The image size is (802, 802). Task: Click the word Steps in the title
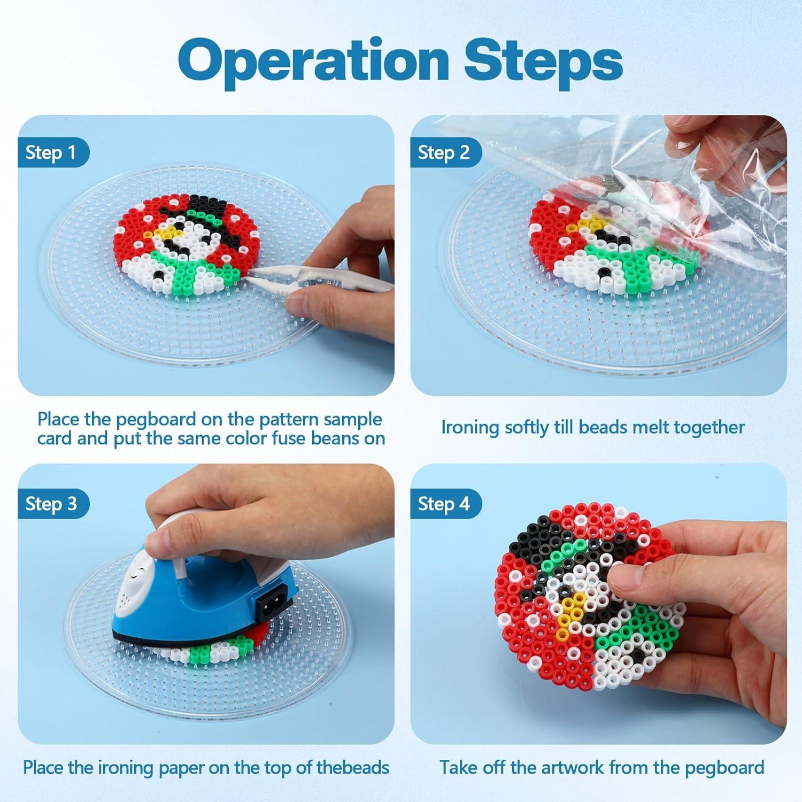pyautogui.click(x=543, y=60)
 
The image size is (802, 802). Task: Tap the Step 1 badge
pyautogui.click(x=51, y=153)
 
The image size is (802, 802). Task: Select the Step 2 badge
pyautogui.click(x=444, y=153)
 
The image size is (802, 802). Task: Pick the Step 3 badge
pyautogui.click(x=51, y=504)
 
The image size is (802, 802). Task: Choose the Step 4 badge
pyautogui.click(x=444, y=504)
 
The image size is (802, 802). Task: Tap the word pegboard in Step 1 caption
pyautogui.click(x=156, y=420)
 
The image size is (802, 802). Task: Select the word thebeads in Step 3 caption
pyautogui.click(x=353, y=768)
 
